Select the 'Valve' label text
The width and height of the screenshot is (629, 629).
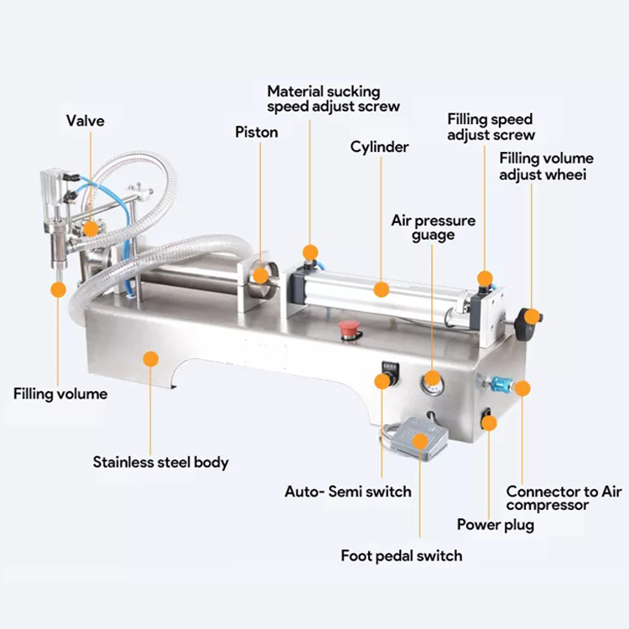click(86, 121)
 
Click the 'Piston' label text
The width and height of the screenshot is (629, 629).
click(256, 132)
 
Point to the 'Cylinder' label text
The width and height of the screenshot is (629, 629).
click(379, 147)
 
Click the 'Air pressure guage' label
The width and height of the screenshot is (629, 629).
click(433, 227)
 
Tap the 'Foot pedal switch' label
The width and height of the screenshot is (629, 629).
click(401, 555)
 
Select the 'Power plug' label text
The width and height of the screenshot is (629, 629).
click(495, 525)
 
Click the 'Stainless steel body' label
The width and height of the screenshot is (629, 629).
click(160, 461)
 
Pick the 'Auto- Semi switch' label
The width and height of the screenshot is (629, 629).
click(348, 491)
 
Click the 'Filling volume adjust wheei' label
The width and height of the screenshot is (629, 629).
click(546, 166)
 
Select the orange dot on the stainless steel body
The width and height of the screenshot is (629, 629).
click(151, 359)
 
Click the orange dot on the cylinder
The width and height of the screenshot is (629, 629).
click(382, 290)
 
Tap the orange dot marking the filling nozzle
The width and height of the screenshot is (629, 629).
click(58, 290)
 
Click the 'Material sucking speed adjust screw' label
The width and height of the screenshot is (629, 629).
click(333, 98)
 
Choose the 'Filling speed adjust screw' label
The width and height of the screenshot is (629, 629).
click(491, 127)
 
